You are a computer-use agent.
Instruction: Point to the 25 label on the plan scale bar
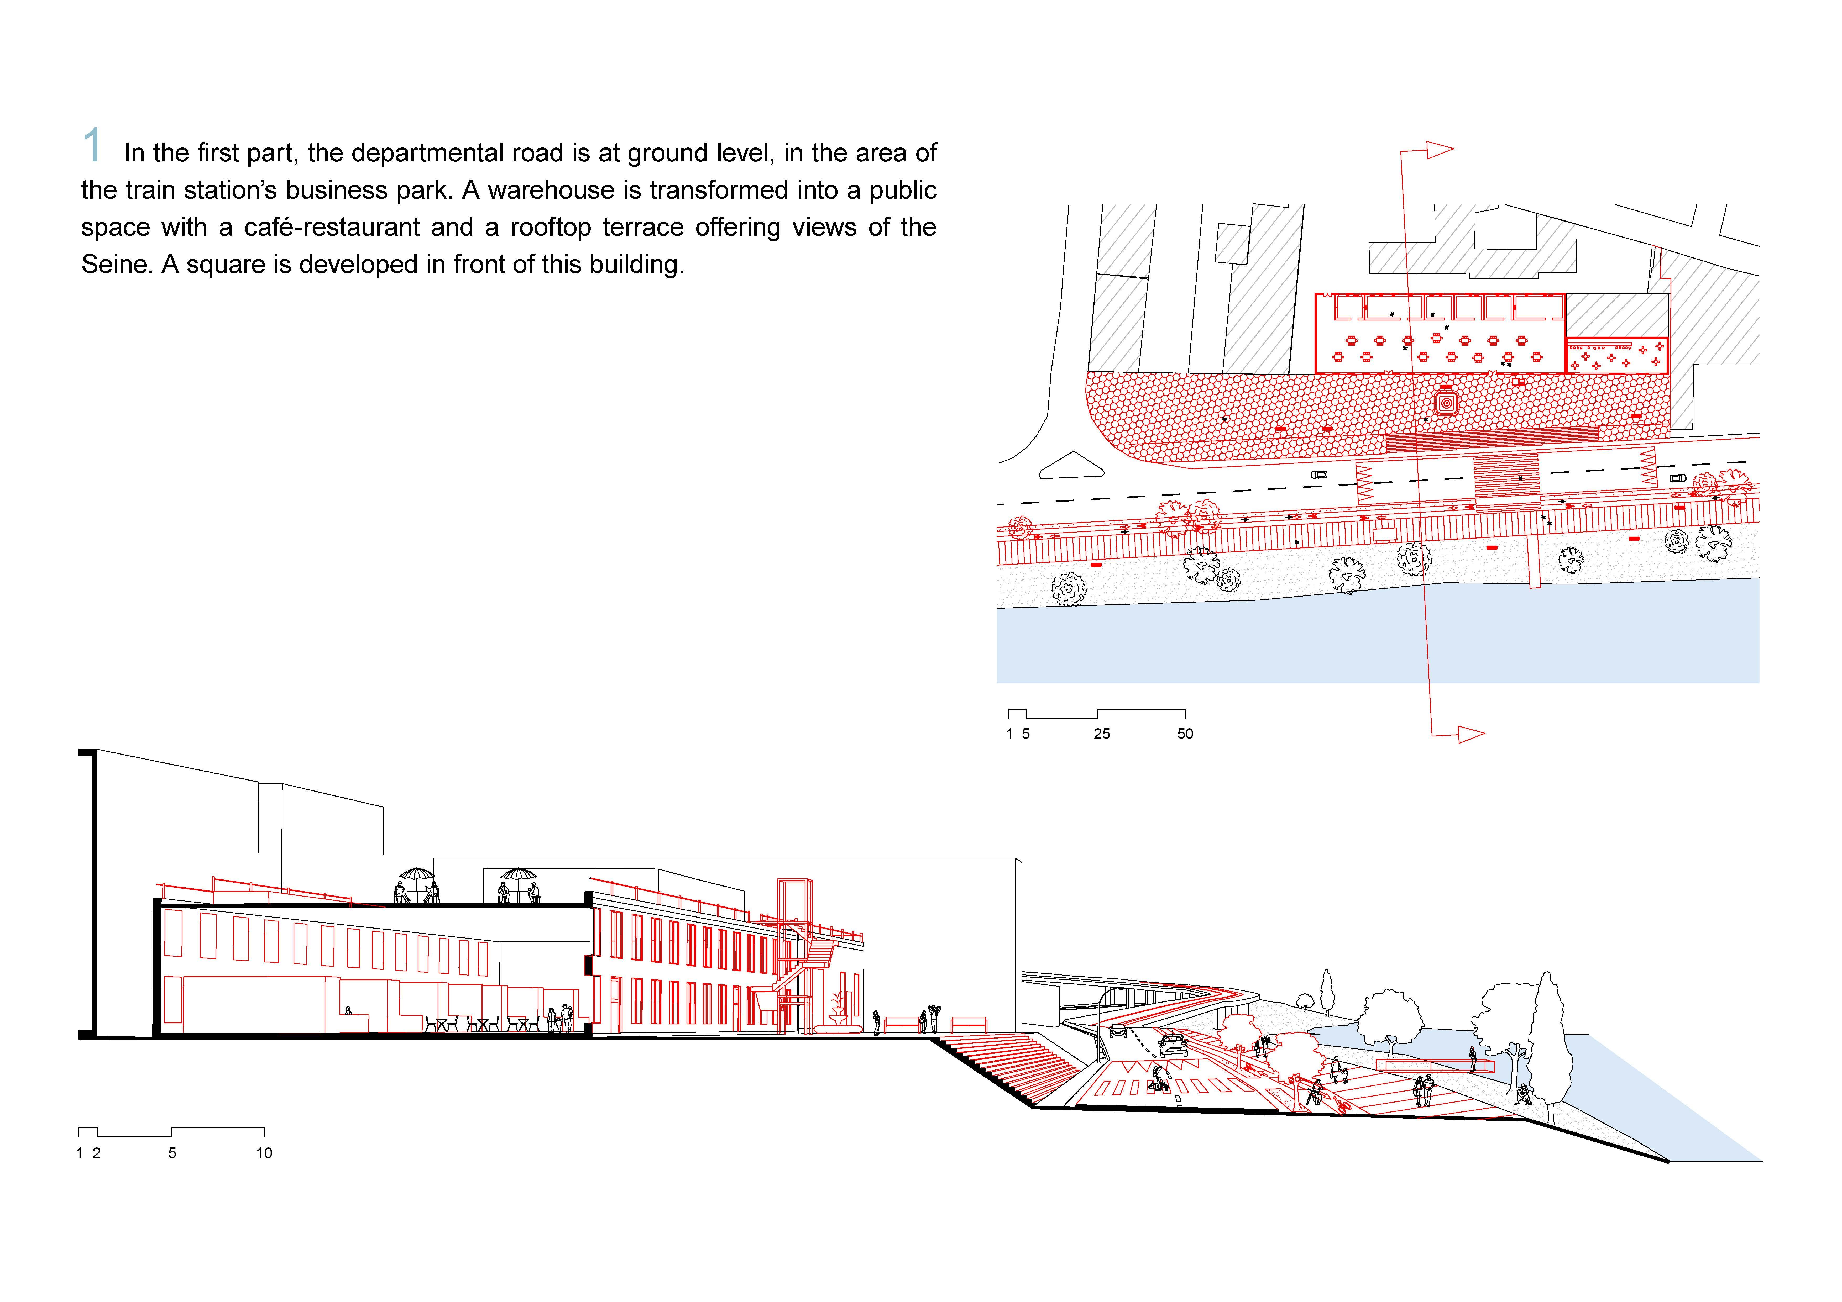1102,733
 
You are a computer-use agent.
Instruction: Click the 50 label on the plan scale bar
1185,733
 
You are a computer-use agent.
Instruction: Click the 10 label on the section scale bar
264,1153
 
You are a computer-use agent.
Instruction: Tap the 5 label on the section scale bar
172,1153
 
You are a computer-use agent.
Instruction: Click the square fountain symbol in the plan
1447,403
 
